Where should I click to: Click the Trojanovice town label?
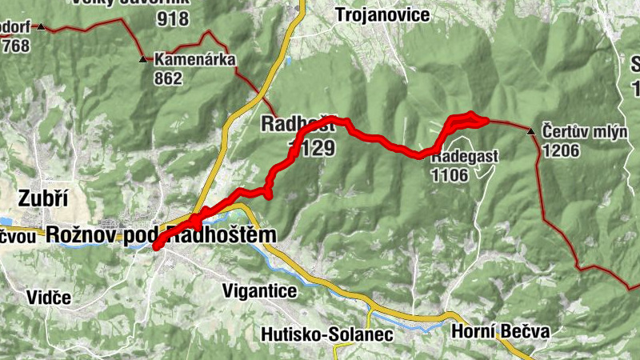click(x=382, y=14)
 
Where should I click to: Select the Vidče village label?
click(x=48, y=298)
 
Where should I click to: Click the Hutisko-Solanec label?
click(x=327, y=334)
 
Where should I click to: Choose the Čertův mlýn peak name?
click(x=585, y=130)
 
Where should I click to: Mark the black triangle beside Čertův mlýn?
click(x=531, y=130)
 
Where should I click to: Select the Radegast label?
click(x=465, y=157)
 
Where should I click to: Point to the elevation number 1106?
click(x=449, y=175)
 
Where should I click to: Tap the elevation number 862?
click(x=169, y=78)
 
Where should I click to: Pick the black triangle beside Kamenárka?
click(x=143, y=59)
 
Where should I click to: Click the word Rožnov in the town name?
click(x=82, y=234)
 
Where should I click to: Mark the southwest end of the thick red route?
click(x=157, y=246)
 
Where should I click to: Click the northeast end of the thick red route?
click(x=483, y=120)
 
